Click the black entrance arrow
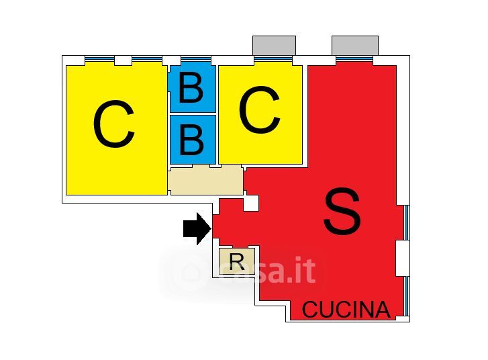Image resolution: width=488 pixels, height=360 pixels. click(197, 229)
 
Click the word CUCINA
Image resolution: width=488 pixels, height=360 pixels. click(346, 310)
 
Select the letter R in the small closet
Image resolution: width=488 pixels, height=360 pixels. click(236, 261)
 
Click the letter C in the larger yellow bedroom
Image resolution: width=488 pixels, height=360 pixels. click(114, 126)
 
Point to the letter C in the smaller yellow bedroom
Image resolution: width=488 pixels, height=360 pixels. click(259, 111)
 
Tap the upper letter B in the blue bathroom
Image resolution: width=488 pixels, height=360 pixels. click(191, 88)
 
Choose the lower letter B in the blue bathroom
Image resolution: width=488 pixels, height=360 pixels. click(192, 139)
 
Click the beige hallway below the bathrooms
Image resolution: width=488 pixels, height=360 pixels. click(205, 181)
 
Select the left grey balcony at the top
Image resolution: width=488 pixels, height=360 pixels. click(274, 46)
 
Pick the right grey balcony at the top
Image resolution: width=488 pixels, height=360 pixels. click(355, 46)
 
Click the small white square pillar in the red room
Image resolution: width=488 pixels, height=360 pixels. click(251, 203)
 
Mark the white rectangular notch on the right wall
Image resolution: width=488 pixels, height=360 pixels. click(402, 257)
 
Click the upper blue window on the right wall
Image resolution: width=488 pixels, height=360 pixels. click(407, 222)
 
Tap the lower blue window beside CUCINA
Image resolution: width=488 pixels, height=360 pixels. click(407, 296)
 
